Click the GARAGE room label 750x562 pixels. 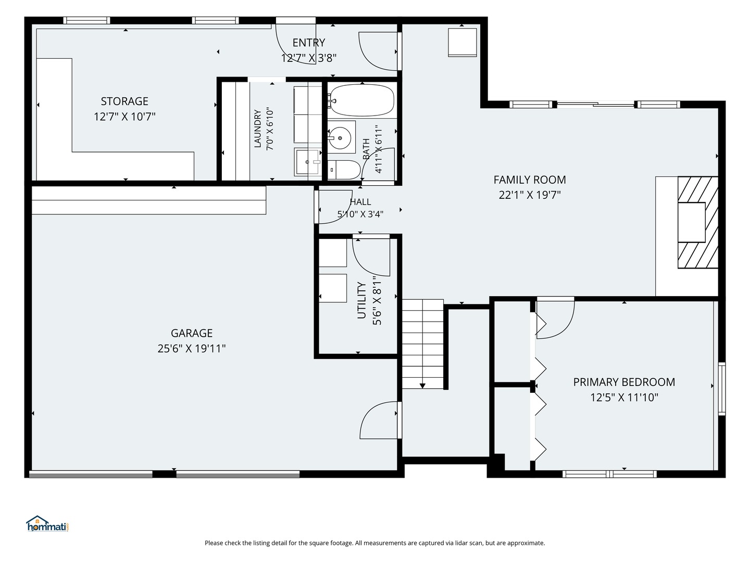point(191,333)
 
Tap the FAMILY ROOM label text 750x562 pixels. point(529,180)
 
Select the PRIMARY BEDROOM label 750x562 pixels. point(624,382)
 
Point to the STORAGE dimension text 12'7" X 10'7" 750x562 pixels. point(124,117)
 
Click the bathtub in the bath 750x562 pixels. point(362,100)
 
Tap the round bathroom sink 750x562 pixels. point(340,138)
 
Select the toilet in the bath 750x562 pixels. point(344,170)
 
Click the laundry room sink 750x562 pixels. point(307,162)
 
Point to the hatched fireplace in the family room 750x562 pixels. point(698,222)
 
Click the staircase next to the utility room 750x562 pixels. point(423,344)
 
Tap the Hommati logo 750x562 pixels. point(47,524)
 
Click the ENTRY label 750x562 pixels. point(308,43)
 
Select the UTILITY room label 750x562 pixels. point(361,300)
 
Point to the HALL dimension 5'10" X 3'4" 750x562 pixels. point(360,214)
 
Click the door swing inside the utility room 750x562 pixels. point(371,257)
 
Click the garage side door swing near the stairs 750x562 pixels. point(379,420)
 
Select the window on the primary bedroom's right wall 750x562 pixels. point(722,389)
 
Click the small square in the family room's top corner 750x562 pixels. point(463,42)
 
